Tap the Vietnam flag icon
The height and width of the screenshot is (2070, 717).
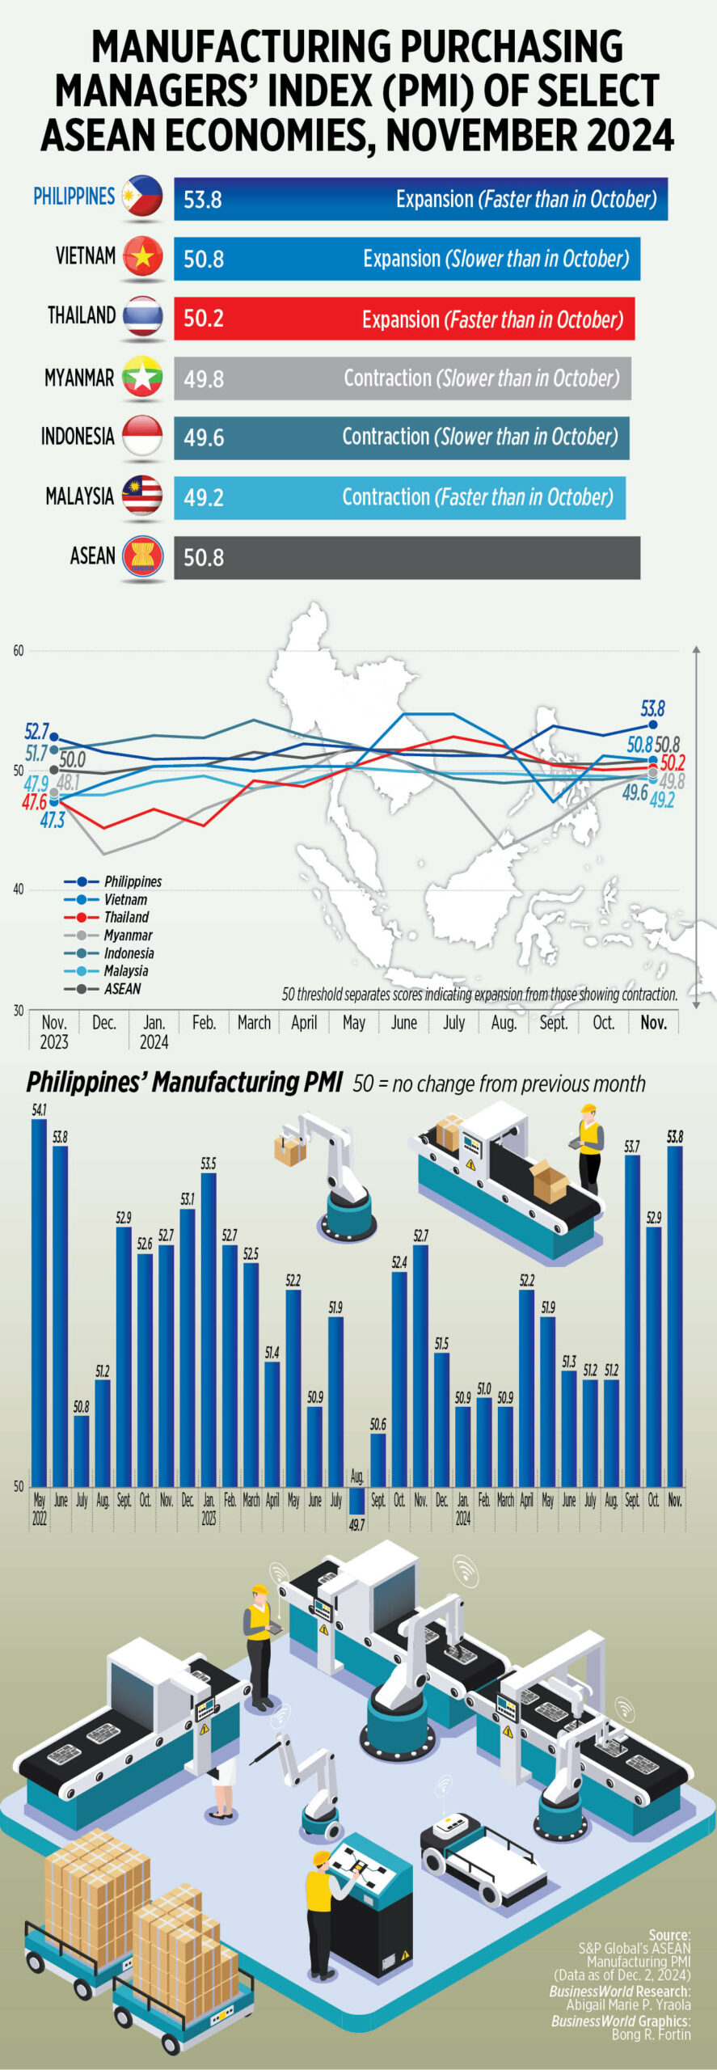point(142,256)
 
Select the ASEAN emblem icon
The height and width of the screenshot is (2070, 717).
point(142,556)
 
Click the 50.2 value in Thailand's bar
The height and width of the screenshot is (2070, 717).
point(203,319)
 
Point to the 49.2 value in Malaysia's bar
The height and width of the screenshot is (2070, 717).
point(203,497)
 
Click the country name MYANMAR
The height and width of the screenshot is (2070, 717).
point(79,378)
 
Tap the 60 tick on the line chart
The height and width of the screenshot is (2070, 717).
point(18,651)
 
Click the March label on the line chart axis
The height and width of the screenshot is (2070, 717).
point(254,1023)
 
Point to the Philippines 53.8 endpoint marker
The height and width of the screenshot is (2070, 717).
point(653,724)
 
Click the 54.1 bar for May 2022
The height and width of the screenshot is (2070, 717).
point(39,1302)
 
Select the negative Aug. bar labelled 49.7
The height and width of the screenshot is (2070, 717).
point(356,1501)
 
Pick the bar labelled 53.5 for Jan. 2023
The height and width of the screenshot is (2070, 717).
point(209,1329)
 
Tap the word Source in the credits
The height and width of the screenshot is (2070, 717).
point(669,1935)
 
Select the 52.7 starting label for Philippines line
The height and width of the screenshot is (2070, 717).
point(36,732)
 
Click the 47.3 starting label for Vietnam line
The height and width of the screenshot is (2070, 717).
point(53,820)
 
